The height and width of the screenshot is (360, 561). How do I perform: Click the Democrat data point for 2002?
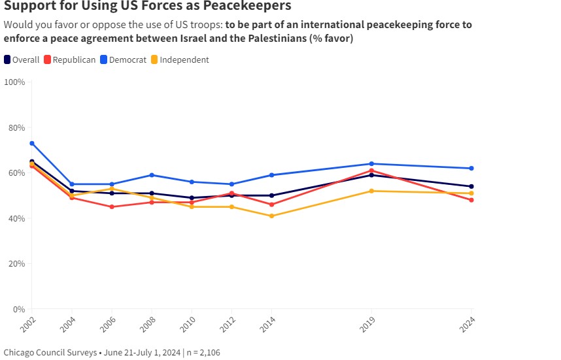[x=31, y=143]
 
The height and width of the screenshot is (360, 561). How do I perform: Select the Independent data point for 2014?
[x=271, y=216]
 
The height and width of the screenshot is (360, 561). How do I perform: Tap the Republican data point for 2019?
[x=371, y=171]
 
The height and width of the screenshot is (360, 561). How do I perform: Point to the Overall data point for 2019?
[x=371, y=175]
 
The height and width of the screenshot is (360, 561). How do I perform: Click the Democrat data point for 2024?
[x=471, y=169]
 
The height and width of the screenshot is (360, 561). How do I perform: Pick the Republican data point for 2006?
[x=111, y=206]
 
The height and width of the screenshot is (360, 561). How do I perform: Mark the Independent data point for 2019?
[x=371, y=191]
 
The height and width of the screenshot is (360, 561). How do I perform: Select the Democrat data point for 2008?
[x=152, y=175]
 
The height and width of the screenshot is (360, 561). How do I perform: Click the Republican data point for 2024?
[x=471, y=200]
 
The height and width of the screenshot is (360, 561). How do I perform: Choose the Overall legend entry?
[x=22, y=60]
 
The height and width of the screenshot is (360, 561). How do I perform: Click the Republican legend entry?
[x=69, y=60]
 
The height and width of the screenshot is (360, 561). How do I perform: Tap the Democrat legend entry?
[x=123, y=60]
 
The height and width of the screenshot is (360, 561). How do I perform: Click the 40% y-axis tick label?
[x=16, y=218]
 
